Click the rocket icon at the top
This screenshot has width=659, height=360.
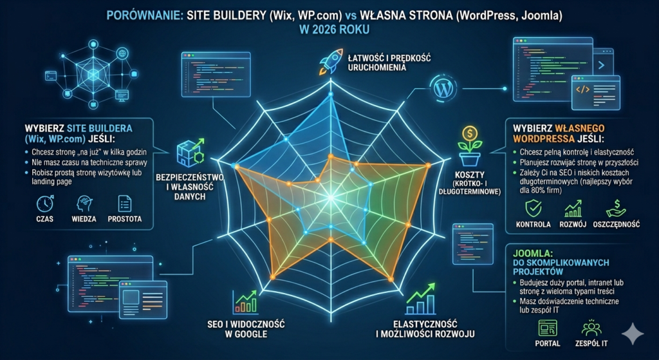(x=329, y=62)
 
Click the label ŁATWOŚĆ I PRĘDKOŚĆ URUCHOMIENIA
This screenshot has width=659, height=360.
(x=380, y=62)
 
